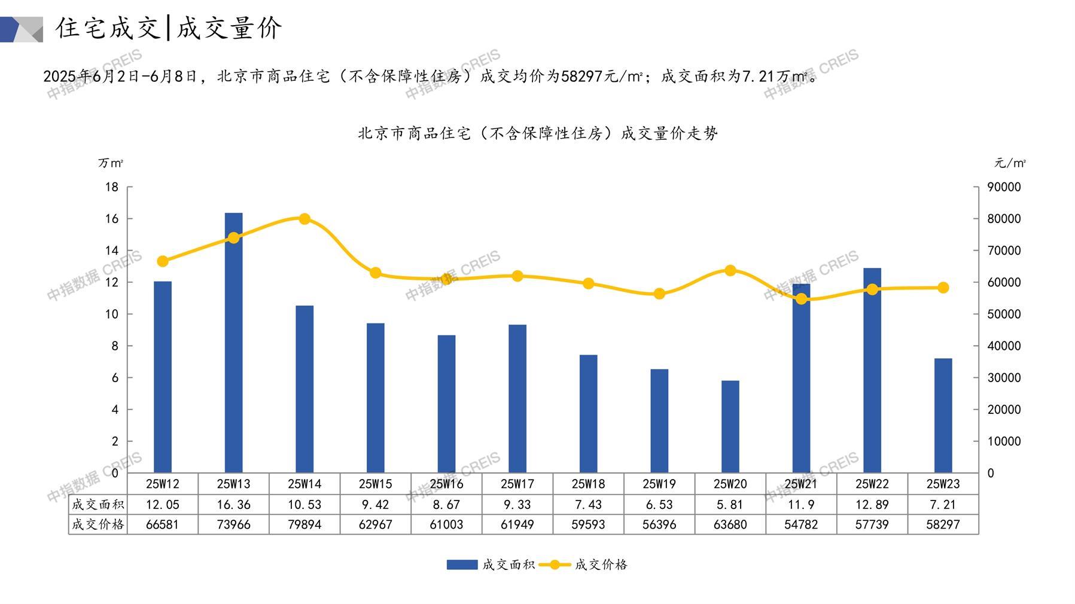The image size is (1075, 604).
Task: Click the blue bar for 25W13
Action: [233, 343]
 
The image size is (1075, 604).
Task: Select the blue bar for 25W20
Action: [730, 426]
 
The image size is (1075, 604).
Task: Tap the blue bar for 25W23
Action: [943, 416]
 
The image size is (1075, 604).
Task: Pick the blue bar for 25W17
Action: [517, 399]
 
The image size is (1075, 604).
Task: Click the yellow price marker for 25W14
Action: [304, 219]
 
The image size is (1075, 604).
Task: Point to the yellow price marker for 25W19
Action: [659, 294]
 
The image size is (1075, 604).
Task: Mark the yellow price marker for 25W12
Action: [163, 261]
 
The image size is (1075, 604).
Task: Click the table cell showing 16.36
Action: [233, 505]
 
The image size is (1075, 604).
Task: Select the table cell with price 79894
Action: [304, 524]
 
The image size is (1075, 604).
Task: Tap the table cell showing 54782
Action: [801, 524]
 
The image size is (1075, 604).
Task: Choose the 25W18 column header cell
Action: [588, 484]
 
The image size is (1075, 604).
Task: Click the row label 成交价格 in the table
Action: [98, 524]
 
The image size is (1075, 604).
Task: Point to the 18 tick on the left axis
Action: [112, 187]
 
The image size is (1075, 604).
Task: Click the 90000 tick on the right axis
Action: [1004, 187]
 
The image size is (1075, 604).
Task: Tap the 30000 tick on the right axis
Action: [1004, 378]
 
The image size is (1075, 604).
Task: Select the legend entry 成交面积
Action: [491, 565]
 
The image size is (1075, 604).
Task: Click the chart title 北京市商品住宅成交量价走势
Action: [537, 133]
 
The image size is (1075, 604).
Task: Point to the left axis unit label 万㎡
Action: [111, 163]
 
